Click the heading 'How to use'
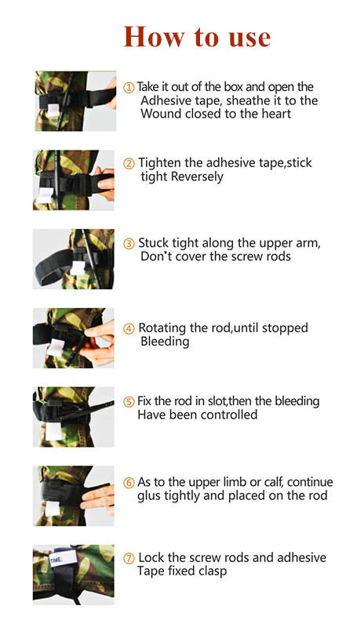click(x=197, y=37)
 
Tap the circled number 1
click(x=129, y=88)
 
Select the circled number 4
click(x=129, y=328)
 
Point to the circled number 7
click(x=129, y=559)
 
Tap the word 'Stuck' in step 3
click(x=154, y=243)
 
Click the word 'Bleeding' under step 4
click(x=165, y=342)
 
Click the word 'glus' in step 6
click(x=147, y=496)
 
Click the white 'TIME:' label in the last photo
click(x=63, y=558)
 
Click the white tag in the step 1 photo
click(x=53, y=110)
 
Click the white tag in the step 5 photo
click(x=53, y=431)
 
